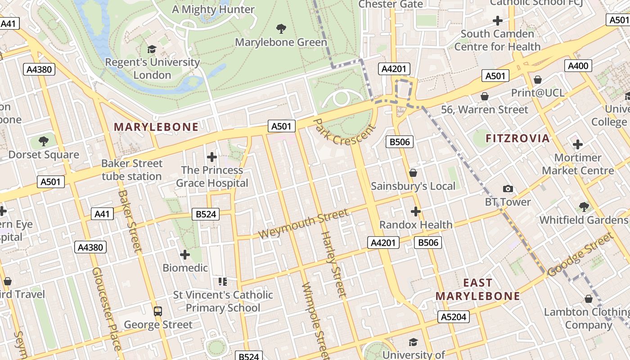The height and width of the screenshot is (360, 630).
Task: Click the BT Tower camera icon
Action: click(508, 189)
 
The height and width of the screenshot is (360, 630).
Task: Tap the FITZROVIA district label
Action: click(517, 139)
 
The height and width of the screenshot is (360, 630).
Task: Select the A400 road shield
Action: click(578, 66)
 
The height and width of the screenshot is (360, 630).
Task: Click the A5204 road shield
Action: click(454, 317)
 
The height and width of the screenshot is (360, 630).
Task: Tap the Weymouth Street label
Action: click(303, 224)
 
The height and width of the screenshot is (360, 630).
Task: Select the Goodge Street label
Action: click(580, 254)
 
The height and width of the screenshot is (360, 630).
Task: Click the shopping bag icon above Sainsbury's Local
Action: click(413, 173)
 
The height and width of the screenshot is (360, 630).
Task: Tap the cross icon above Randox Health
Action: click(415, 211)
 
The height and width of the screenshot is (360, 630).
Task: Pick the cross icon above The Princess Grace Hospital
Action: click(211, 157)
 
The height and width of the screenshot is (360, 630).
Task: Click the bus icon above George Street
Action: click(158, 311)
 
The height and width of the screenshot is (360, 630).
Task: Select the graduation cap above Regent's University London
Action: click(152, 49)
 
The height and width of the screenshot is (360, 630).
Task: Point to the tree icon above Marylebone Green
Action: click(281, 29)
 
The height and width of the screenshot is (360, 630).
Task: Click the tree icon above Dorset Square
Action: click(44, 141)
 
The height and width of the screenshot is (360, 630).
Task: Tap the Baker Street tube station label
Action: click(131, 170)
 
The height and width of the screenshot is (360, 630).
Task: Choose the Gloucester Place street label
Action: click(107, 309)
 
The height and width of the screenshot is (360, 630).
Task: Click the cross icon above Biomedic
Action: click(185, 255)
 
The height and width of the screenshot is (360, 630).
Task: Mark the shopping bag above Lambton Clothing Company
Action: click(588, 299)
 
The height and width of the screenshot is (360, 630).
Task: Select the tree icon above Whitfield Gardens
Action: click(584, 207)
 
